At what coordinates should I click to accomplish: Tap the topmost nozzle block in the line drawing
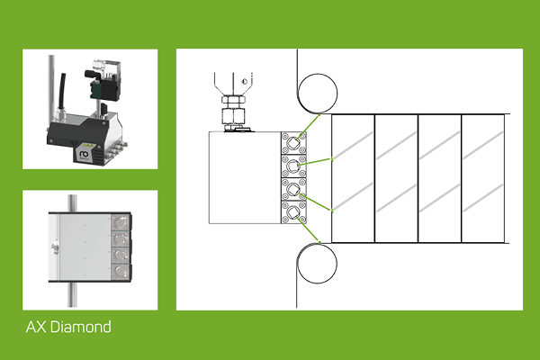click(294, 142)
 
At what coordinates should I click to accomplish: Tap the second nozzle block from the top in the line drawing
click(294, 166)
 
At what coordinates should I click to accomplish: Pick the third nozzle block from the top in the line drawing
click(294, 189)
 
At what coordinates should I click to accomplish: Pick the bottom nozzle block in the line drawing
click(294, 212)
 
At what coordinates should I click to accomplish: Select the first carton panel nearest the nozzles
click(353, 178)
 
